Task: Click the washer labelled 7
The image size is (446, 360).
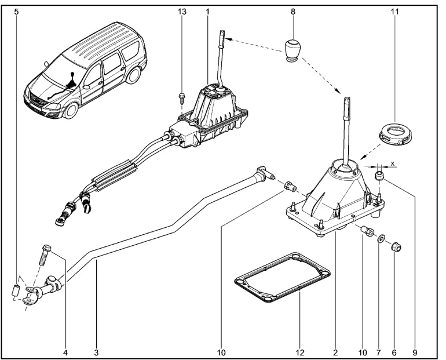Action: (381, 238)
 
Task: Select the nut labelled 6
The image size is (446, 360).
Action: (396, 246)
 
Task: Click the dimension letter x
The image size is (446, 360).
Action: (393, 163)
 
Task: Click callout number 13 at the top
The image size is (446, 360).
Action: (182, 12)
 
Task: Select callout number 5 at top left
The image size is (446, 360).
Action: (16, 12)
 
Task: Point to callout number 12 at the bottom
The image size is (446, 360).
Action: (300, 353)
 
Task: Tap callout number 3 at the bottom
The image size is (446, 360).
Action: (96, 353)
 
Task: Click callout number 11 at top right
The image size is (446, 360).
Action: (395, 12)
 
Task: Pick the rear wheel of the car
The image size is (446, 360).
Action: (134, 74)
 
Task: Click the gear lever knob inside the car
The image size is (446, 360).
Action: (72, 74)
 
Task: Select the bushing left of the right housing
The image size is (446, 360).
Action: (290, 187)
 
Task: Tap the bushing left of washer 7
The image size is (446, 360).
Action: (366, 230)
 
